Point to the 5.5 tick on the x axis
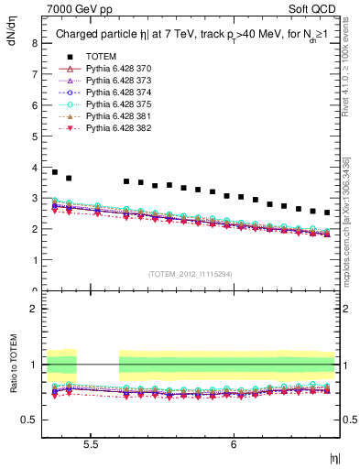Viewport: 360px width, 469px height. [x=91, y=444]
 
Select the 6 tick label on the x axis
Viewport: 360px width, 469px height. [x=234, y=444]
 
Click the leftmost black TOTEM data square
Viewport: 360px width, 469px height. [x=55, y=171]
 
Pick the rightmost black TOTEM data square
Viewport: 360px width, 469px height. [x=327, y=213]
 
